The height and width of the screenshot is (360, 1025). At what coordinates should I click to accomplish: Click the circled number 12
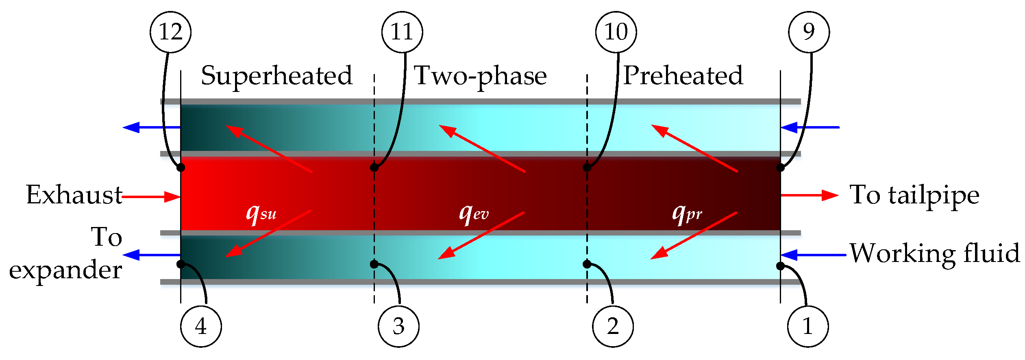170,32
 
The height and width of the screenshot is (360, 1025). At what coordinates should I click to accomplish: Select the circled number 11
402,32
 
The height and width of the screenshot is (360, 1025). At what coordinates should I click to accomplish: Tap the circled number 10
616,32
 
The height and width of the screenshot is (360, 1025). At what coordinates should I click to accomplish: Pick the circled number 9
809,32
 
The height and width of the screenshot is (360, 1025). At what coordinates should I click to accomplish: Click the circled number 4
201,327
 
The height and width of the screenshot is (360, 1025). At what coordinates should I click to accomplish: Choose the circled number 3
398,327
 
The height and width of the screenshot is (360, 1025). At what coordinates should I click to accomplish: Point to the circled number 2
613,327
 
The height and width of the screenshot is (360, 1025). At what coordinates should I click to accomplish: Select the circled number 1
808,327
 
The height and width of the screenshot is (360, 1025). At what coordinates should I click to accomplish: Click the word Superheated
277,76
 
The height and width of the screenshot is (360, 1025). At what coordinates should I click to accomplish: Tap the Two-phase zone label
480,76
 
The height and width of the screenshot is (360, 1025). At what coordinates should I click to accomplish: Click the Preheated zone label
683,76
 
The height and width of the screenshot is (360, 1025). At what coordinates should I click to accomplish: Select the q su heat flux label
261,213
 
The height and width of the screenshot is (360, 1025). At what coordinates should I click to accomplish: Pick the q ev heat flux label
474,213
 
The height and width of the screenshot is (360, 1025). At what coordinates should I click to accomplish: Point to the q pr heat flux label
687,213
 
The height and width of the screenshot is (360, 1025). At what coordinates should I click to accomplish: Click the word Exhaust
74,195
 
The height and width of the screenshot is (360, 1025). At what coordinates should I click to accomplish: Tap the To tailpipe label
914,196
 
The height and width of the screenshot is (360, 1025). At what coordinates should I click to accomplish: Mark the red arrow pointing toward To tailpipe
810,195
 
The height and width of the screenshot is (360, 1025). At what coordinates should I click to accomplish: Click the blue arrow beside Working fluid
813,255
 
